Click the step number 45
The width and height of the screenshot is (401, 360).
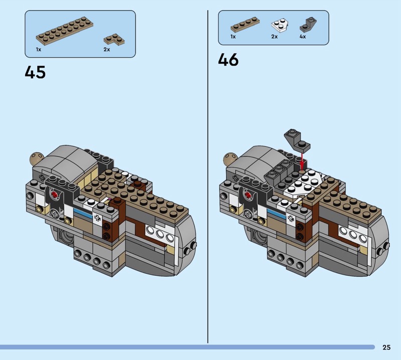[x=35, y=72]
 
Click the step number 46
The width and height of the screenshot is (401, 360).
[x=228, y=60]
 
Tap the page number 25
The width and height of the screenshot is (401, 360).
[x=386, y=347]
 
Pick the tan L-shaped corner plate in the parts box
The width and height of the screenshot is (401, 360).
[x=114, y=40]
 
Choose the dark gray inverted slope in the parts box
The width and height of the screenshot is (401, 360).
[x=308, y=25]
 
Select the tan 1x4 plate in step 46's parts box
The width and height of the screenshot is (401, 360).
[x=245, y=25]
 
